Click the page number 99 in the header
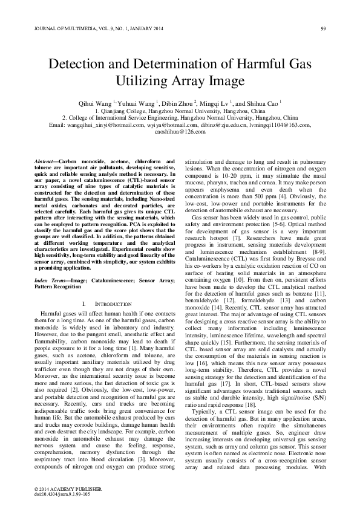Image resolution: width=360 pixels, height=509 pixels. [323, 28]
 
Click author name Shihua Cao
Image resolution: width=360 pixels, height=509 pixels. [263, 103]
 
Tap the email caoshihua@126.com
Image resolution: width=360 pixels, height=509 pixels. [180, 131]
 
